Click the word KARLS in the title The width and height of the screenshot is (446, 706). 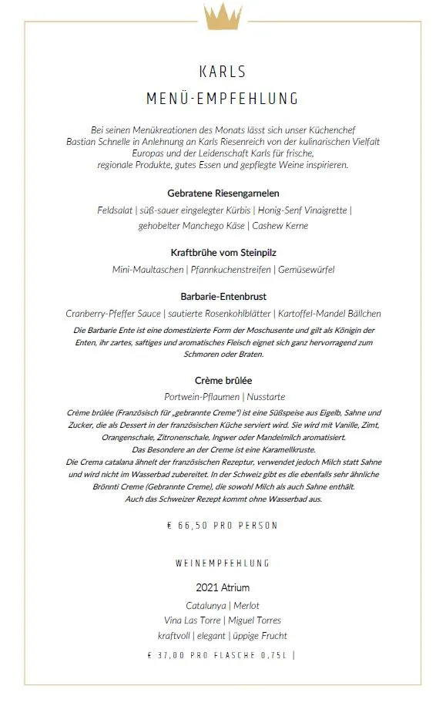click(223, 72)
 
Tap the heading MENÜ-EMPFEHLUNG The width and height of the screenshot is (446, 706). click(223, 99)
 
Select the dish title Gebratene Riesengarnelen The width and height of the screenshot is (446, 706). click(223, 193)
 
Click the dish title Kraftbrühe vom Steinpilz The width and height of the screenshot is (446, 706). click(223, 252)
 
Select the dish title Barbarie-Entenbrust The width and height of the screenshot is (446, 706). click(223, 296)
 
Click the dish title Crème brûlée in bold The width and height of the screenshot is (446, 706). click(223, 380)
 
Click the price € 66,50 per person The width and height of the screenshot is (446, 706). click(223, 526)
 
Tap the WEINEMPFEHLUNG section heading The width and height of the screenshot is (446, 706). click(223, 564)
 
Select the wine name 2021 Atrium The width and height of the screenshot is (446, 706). click(223, 588)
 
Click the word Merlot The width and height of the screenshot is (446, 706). click(246, 605)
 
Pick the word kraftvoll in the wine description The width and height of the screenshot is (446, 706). click(175, 636)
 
